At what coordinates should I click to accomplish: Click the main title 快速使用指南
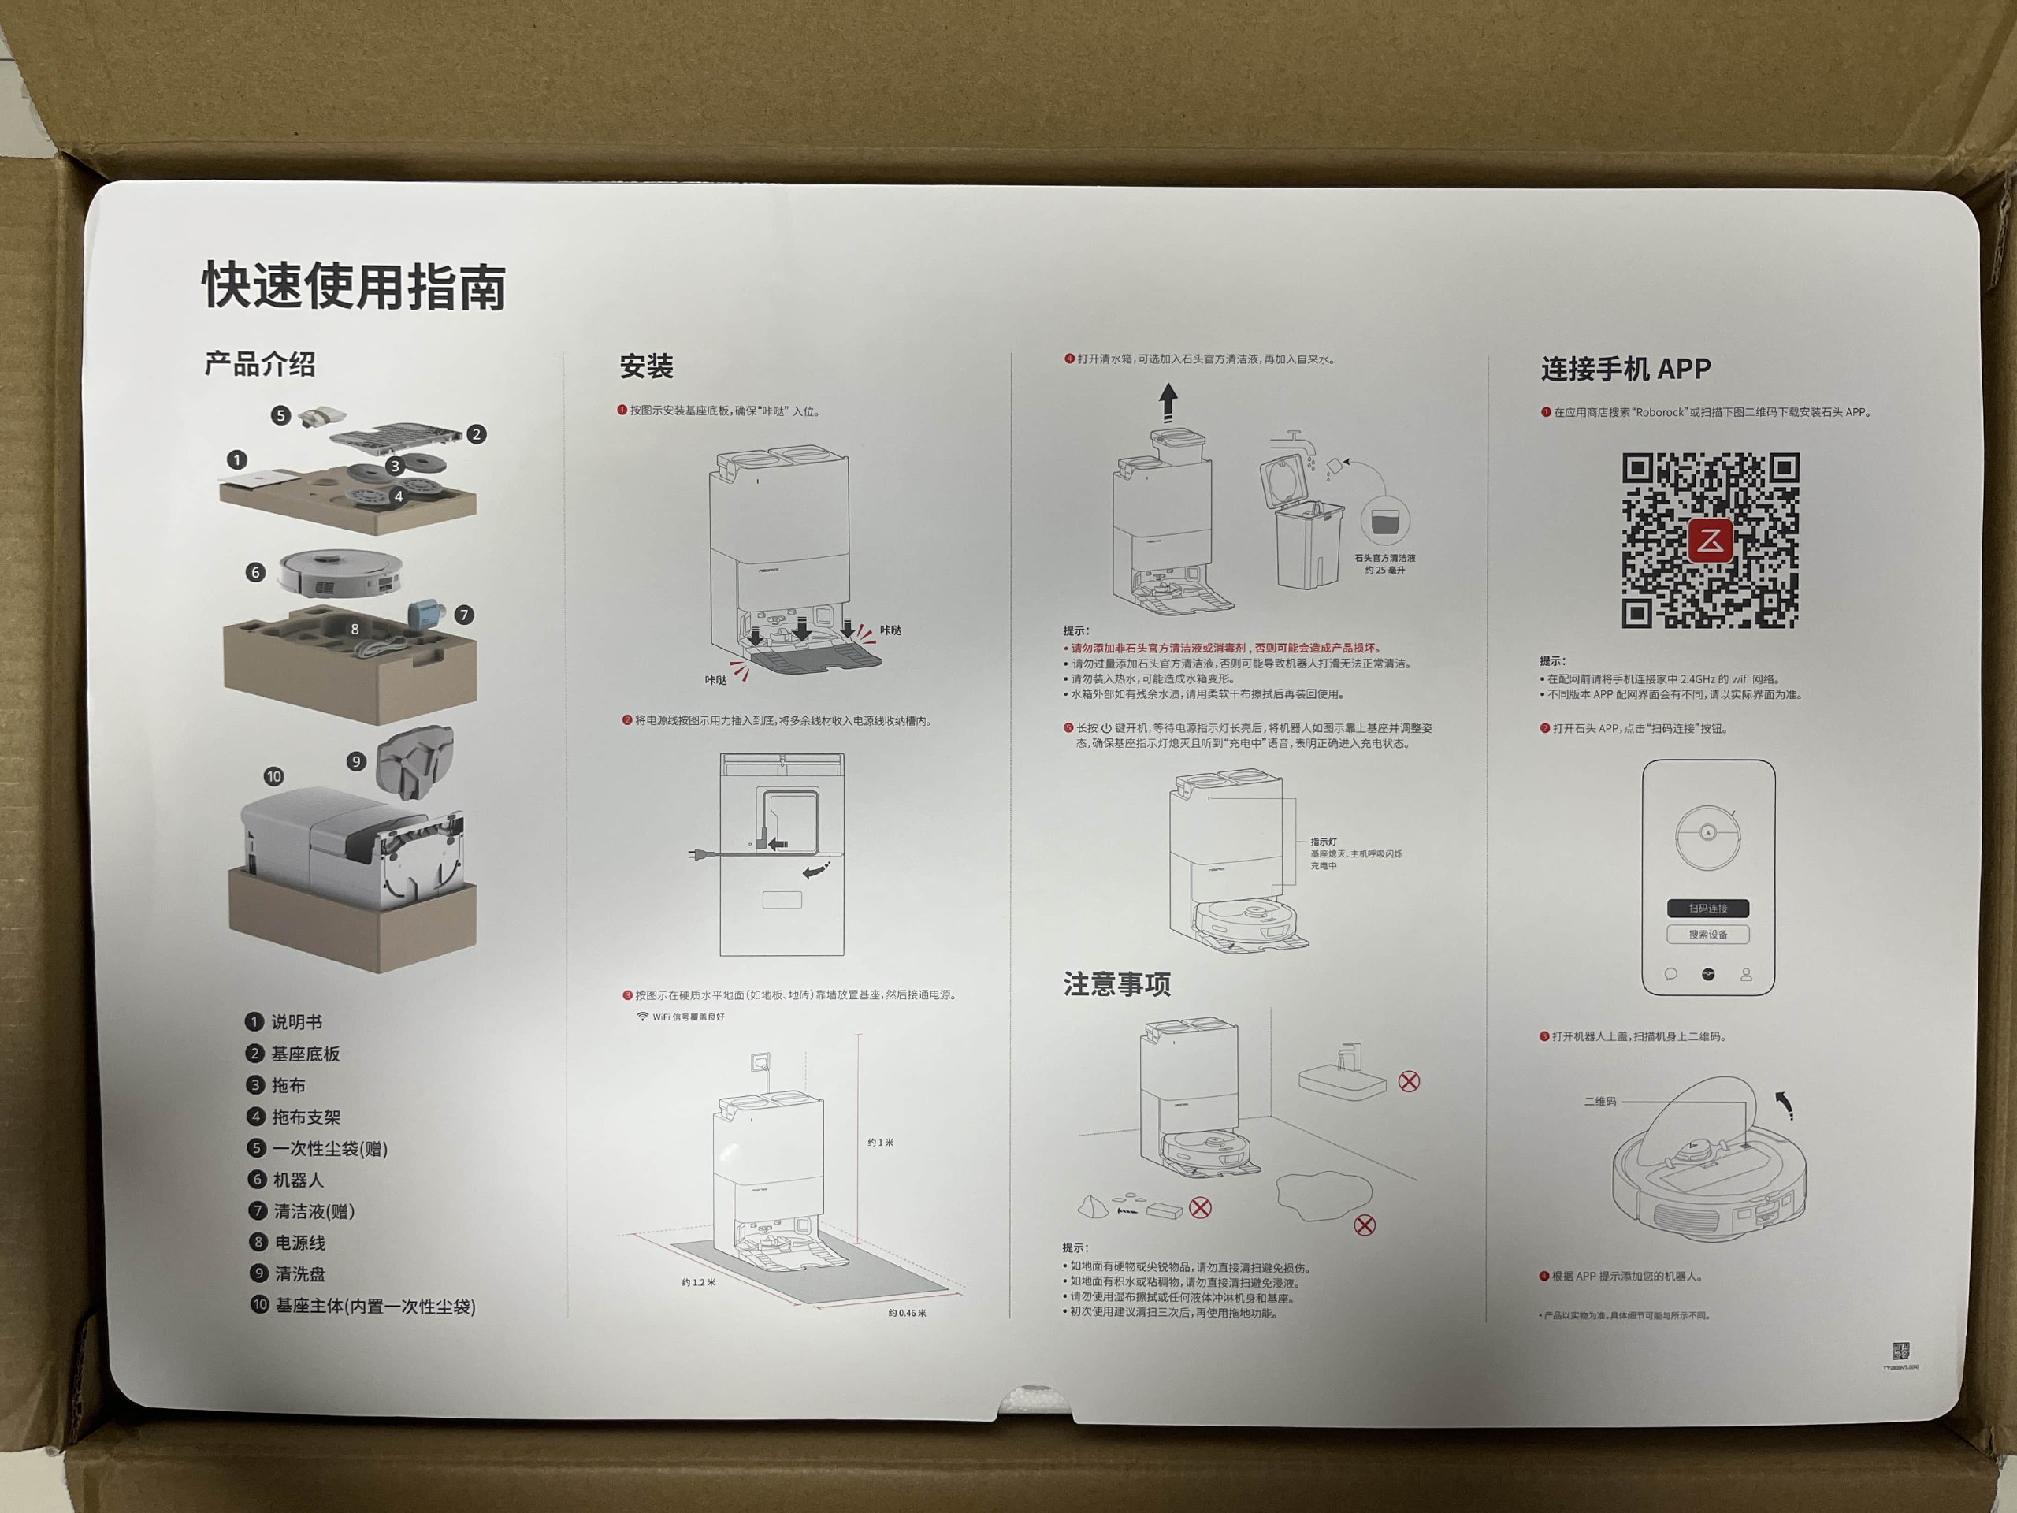point(354,286)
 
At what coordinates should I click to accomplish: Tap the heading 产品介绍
point(260,364)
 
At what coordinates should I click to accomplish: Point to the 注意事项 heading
point(1116,984)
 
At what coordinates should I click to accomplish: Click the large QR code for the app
point(1710,540)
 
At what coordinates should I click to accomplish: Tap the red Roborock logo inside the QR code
point(1710,541)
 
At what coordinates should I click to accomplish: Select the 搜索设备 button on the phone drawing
point(1708,934)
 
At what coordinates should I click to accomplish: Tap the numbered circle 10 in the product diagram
point(273,776)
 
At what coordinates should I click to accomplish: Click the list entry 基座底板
point(305,1054)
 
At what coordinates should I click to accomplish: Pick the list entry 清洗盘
point(299,1274)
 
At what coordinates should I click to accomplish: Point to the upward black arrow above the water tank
point(1168,402)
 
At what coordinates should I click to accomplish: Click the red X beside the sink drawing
point(1409,1082)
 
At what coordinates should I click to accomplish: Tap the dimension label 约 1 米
point(880,1143)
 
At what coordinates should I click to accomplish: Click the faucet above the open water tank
point(1297,441)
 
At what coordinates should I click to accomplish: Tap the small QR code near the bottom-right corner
point(1900,1351)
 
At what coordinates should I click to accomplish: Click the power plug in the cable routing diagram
point(700,854)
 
